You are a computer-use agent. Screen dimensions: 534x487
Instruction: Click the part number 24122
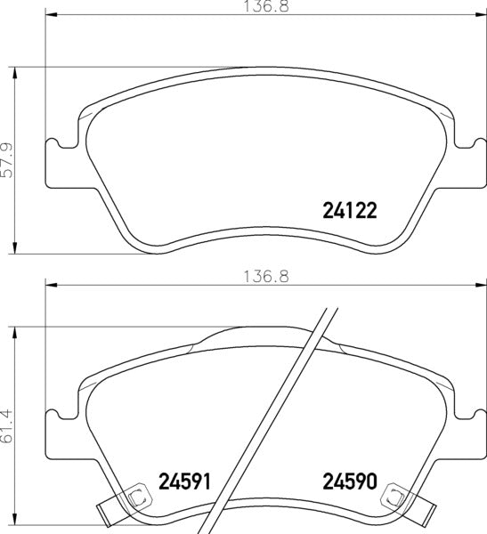[x=349, y=211]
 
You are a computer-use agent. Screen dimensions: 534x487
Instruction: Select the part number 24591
[x=188, y=481]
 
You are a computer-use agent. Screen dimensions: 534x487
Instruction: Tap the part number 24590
[x=349, y=481]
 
